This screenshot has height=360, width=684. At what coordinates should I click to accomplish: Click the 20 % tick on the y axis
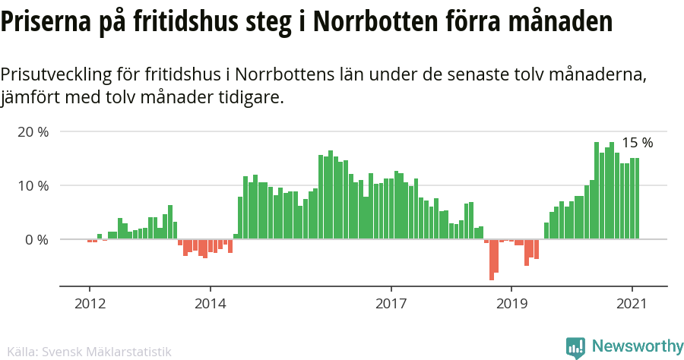33,132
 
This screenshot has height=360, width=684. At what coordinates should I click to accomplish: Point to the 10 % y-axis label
33,185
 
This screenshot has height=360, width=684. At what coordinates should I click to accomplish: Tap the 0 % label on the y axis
36,239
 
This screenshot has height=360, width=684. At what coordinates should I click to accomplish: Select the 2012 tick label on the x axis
89,304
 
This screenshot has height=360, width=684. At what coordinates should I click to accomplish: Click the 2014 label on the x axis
210,304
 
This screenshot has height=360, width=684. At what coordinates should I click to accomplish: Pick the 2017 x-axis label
391,304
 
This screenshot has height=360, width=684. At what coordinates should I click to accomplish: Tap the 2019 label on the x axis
511,304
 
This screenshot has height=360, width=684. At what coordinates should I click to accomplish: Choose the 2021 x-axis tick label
632,304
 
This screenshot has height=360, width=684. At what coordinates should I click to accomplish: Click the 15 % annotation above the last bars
637,143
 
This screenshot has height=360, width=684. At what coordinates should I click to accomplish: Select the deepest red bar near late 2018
492,260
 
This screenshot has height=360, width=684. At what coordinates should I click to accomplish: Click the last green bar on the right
637,198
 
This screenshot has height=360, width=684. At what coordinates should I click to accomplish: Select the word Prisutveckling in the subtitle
56,75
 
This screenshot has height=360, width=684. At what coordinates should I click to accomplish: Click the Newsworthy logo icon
576,347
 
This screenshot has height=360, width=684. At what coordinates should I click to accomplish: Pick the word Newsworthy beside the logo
637,347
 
